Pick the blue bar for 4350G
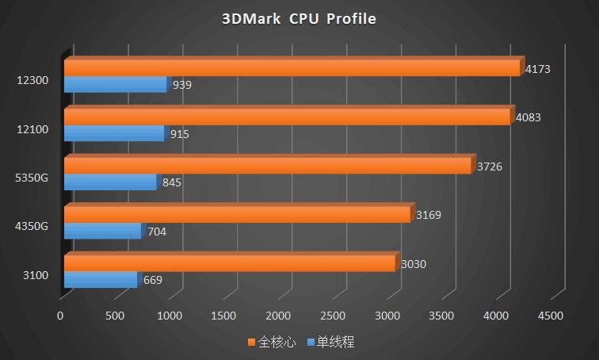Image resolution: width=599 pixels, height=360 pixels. point(102,232)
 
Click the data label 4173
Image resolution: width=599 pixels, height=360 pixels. point(538,69)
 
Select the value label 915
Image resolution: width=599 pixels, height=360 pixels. point(180,134)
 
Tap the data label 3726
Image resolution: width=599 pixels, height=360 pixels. point(490,167)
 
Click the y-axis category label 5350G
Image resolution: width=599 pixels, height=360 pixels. point(32,178)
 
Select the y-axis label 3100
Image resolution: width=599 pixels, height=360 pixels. point(36,275)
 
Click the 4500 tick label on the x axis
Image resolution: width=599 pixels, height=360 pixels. point(551,316)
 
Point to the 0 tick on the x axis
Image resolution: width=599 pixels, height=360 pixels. point(60,316)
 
